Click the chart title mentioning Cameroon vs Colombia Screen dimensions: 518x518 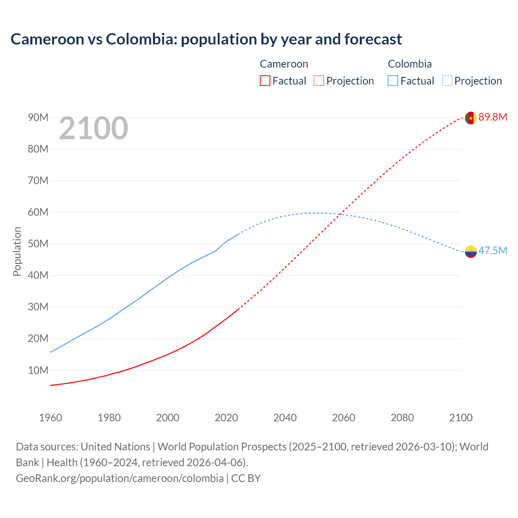click(206, 39)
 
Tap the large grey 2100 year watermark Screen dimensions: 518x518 click(93, 128)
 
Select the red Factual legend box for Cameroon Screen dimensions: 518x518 click(265, 81)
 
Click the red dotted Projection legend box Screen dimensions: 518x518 click(319, 81)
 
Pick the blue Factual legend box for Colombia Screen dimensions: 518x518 click(393, 81)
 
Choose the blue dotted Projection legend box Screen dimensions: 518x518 click(447, 81)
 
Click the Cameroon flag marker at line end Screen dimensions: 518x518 click(470, 118)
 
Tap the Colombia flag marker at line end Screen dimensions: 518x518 click(470, 252)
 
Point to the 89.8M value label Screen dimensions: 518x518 click(493, 117)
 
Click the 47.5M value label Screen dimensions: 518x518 click(493, 251)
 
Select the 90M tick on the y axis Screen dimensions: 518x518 click(38, 118)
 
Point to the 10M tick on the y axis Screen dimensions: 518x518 click(38, 370)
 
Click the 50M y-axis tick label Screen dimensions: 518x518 click(38, 244)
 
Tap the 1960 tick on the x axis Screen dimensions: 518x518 click(51, 418)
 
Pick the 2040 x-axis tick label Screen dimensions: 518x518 click(285, 418)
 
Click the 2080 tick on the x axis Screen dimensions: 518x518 click(402, 418)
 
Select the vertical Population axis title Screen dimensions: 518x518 click(17, 251)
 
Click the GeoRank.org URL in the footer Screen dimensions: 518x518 click(119, 478)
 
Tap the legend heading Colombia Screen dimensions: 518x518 click(410, 64)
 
